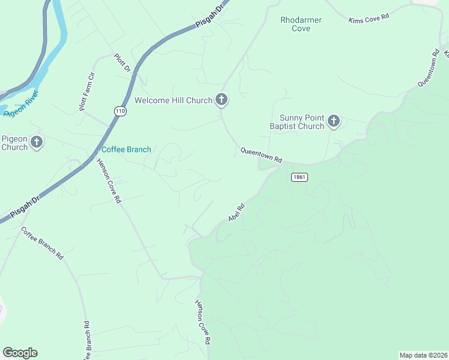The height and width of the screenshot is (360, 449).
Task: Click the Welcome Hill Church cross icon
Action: (221, 100)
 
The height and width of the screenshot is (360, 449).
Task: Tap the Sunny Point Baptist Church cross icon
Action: (334, 122)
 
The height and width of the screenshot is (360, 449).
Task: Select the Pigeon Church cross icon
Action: (37, 143)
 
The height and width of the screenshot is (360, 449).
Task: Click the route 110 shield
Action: (121, 111)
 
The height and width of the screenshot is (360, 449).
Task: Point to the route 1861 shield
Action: (300, 177)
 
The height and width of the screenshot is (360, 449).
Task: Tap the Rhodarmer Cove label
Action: (301, 24)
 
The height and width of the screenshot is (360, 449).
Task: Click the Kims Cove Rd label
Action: (369, 19)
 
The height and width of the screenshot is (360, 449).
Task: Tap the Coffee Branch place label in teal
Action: (126, 149)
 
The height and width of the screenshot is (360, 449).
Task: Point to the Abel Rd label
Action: (237, 212)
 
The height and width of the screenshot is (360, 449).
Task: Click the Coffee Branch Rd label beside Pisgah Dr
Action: (43, 242)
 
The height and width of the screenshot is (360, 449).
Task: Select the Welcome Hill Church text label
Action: (173, 100)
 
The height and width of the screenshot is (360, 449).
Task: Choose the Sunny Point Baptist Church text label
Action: (302, 122)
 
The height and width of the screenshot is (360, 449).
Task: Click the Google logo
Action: (20, 353)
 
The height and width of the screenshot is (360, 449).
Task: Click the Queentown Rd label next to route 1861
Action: (261, 155)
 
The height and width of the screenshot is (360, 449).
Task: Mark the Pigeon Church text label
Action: (14, 143)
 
